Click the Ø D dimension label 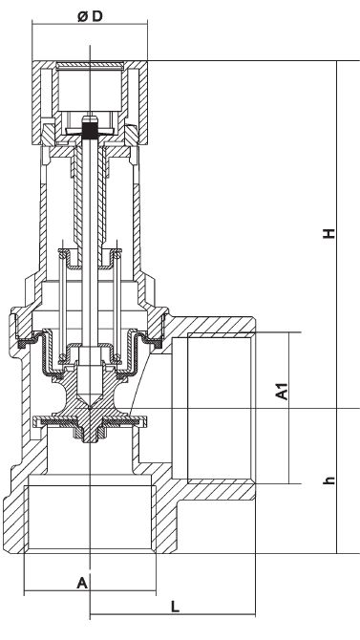pos(90,17)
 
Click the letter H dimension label pos(329,233)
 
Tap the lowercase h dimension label pos(329,480)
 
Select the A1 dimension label pos(282,391)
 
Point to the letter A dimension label pos(82,583)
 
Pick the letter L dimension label pos(175,607)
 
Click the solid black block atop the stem pos(90,131)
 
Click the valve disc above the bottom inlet pos(90,421)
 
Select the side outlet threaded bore pos(221,408)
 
